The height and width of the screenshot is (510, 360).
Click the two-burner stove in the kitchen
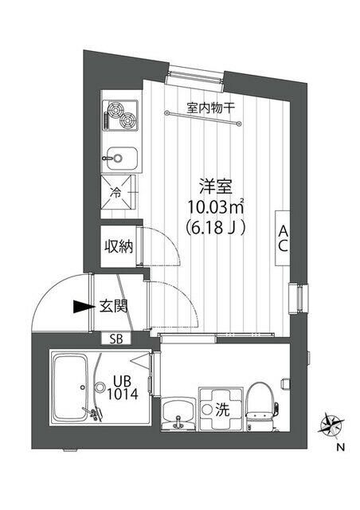(x=119, y=116)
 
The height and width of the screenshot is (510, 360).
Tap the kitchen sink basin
(x=120, y=157)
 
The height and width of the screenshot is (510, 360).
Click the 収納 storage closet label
(x=117, y=246)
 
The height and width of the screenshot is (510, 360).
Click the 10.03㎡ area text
(x=215, y=207)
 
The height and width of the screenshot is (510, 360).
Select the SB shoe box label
(x=116, y=339)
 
